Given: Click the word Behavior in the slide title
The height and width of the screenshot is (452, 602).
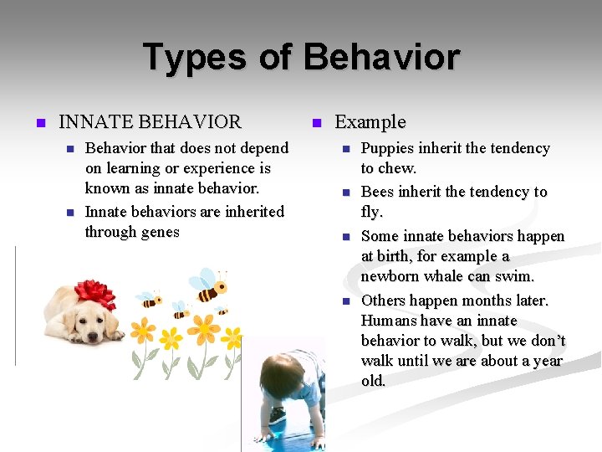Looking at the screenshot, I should click(381, 58).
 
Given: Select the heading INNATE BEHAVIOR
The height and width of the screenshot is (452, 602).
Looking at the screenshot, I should click(150, 122).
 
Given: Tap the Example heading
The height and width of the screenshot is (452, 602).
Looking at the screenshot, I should click(370, 122).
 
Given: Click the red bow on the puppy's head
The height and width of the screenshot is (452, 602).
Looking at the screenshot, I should click(94, 294).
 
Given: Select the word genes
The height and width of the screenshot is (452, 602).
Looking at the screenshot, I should click(159, 232).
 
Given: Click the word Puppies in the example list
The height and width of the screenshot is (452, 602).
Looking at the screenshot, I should click(389, 148).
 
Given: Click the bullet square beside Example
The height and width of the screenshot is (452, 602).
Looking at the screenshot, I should click(316, 123).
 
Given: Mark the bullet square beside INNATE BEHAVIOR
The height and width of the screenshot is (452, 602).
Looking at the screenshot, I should click(40, 123).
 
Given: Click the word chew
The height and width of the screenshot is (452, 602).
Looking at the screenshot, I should click(398, 168).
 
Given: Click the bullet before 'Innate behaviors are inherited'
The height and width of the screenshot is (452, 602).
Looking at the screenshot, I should click(70, 213).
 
